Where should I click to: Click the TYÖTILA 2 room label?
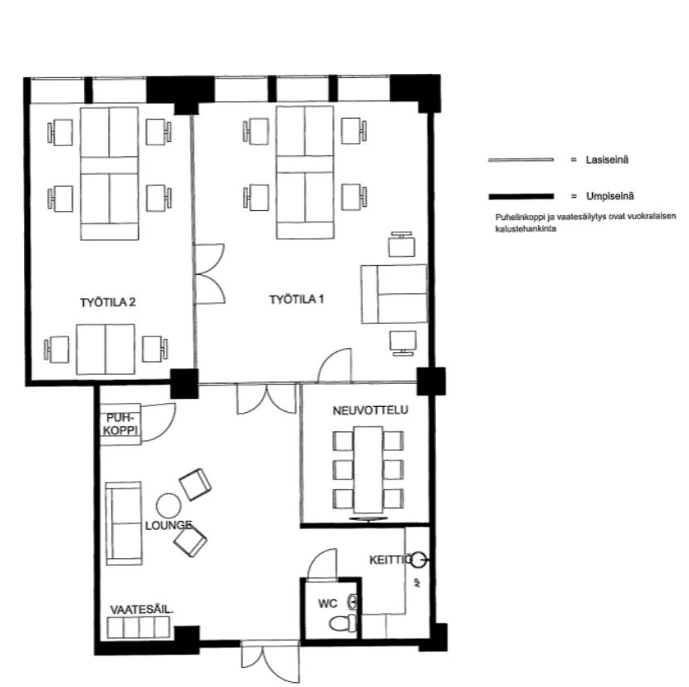(x=108, y=302)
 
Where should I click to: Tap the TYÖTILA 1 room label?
(x=296, y=300)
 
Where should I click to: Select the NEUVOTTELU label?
(x=370, y=410)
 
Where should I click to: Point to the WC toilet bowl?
(x=343, y=624)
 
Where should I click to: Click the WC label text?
(x=328, y=603)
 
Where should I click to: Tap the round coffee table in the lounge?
(x=169, y=505)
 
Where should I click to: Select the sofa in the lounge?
(x=124, y=523)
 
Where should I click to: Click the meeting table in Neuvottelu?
(x=369, y=469)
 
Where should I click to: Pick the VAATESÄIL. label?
(x=141, y=610)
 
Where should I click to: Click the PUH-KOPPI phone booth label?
(x=121, y=424)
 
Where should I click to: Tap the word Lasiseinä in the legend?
(x=607, y=159)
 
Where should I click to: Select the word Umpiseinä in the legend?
(x=610, y=196)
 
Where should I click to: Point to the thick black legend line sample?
(x=520, y=197)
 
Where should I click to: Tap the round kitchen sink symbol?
(x=418, y=560)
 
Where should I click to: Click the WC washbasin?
(x=353, y=601)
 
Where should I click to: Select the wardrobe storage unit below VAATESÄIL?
(x=139, y=627)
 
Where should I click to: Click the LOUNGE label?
(x=169, y=526)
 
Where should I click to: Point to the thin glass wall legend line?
(x=520, y=159)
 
